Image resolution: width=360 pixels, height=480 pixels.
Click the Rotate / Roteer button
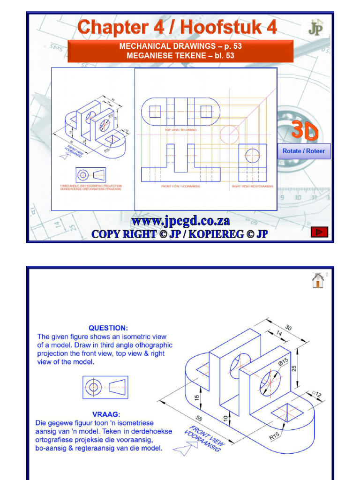[304, 151]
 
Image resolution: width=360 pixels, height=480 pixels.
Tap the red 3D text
[305, 131]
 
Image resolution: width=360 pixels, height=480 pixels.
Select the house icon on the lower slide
[317, 281]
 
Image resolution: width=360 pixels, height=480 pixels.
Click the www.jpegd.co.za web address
[180, 221]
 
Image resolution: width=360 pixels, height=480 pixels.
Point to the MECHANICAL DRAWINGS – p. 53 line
[180, 46]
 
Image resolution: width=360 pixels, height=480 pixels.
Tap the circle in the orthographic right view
[252, 155]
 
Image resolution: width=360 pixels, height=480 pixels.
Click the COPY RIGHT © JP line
[180, 234]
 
